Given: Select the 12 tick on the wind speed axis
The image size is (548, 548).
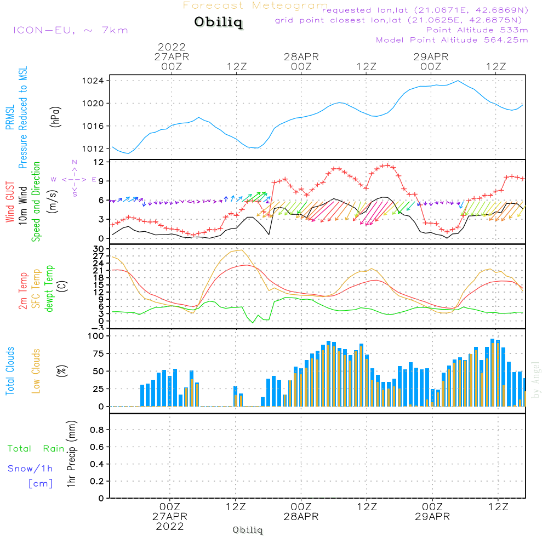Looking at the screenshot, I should click(x=99, y=162).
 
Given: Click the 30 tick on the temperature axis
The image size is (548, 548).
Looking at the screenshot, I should click(x=99, y=248).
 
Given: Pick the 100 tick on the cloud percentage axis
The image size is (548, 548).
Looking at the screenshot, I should click(x=96, y=336).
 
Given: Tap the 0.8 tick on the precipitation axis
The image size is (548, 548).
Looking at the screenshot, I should click(x=97, y=430).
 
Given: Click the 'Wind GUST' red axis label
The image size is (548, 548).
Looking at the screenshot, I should click(x=10, y=203).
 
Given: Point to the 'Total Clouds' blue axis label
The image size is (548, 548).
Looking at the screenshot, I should click(x=10, y=371).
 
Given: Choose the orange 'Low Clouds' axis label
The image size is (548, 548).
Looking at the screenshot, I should click(x=36, y=371).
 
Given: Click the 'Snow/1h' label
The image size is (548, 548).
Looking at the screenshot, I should click(x=30, y=469).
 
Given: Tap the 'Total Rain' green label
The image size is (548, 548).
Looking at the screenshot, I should click(x=36, y=449).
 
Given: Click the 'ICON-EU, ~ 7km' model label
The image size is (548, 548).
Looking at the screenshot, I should click(x=70, y=30).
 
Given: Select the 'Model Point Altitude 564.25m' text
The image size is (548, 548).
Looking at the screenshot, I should click(x=452, y=40).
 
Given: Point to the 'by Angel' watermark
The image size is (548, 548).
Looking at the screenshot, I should click(x=536, y=380).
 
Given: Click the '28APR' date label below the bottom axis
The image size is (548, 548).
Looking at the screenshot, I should click(x=301, y=517).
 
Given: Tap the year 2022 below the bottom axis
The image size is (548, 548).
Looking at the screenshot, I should click(x=170, y=527).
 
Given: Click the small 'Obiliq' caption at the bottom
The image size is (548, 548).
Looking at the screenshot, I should click(x=248, y=530).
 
